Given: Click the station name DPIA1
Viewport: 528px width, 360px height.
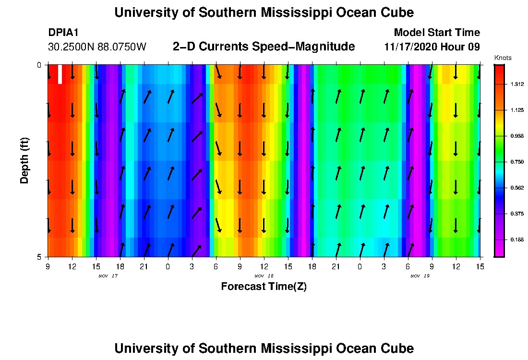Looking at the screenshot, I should [x=63, y=33].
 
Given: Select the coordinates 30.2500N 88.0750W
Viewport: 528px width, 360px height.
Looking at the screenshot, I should [x=97, y=47].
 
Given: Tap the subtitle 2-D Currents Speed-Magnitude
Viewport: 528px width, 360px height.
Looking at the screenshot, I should [x=264, y=47].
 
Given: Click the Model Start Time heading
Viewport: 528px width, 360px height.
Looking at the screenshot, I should [x=436, y=33].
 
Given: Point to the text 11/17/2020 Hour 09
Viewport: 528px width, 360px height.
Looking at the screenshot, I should [x=432, y=47].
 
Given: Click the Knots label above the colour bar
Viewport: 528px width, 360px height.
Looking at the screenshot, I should [x=503, y=58].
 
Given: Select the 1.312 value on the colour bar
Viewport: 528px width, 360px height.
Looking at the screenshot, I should [x=517, y=84].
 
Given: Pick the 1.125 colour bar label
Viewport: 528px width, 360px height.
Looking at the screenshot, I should [x=517, y=110].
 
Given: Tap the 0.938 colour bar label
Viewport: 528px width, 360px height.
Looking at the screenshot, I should [x=517, y=136].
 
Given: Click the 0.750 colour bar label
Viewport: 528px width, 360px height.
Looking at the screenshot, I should [x=517, y=162].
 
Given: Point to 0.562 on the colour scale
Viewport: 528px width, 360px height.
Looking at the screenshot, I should [x=517, y=188].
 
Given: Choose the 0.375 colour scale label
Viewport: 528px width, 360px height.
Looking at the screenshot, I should [x=517, y=214].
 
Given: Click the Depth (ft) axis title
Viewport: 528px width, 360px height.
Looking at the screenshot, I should [x=25, y=160].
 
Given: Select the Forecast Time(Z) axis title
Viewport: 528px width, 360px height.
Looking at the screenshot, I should [x=264, y=287].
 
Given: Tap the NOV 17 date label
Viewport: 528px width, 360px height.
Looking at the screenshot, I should [x=108, y=276].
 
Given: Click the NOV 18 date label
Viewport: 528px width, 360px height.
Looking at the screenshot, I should [x=264, y=276].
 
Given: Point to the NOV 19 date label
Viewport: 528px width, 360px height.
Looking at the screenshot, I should [x=420, y=276].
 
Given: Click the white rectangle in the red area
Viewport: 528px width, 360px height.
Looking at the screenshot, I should [x=60, y=74].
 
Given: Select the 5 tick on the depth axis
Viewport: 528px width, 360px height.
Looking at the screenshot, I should [x=39, y=257].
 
